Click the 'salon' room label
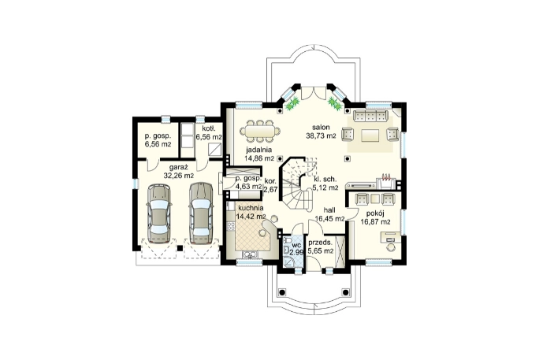[321, 127]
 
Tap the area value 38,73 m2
[321, 136]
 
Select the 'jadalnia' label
[258, 150]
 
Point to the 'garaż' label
[179, 168]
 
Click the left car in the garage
[159, 214]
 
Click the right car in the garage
[201, 213]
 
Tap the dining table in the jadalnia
[259, 131]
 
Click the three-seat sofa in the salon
[370, 116]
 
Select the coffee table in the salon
[370, 135]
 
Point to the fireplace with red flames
[387, 181]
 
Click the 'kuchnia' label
[251, 208]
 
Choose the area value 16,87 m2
[375, 222]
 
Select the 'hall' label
[329, 210]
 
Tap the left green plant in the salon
[293, 102]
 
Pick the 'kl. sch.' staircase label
[325, 180]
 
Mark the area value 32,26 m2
[179, 176]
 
